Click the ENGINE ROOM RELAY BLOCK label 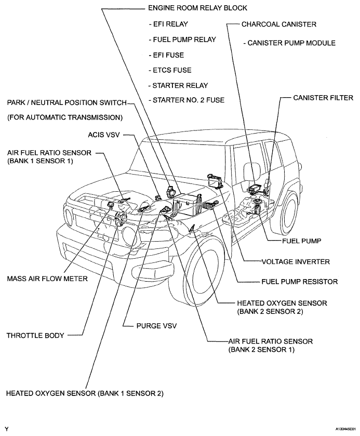197,8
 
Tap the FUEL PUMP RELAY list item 182,39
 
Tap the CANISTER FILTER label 323,97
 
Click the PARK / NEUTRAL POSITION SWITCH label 66,103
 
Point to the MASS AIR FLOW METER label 47,279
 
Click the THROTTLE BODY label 35,336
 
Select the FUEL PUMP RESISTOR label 299,282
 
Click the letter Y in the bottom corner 7,430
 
